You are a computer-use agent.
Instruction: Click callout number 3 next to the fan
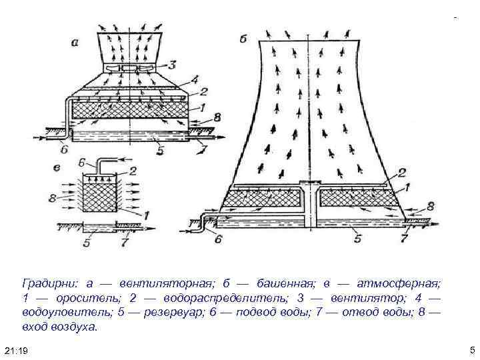click(172, 65)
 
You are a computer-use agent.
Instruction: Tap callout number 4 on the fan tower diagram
click(194, 81)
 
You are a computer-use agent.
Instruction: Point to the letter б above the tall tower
click(243, 39)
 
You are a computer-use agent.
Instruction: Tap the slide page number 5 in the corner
click(471, 350)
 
